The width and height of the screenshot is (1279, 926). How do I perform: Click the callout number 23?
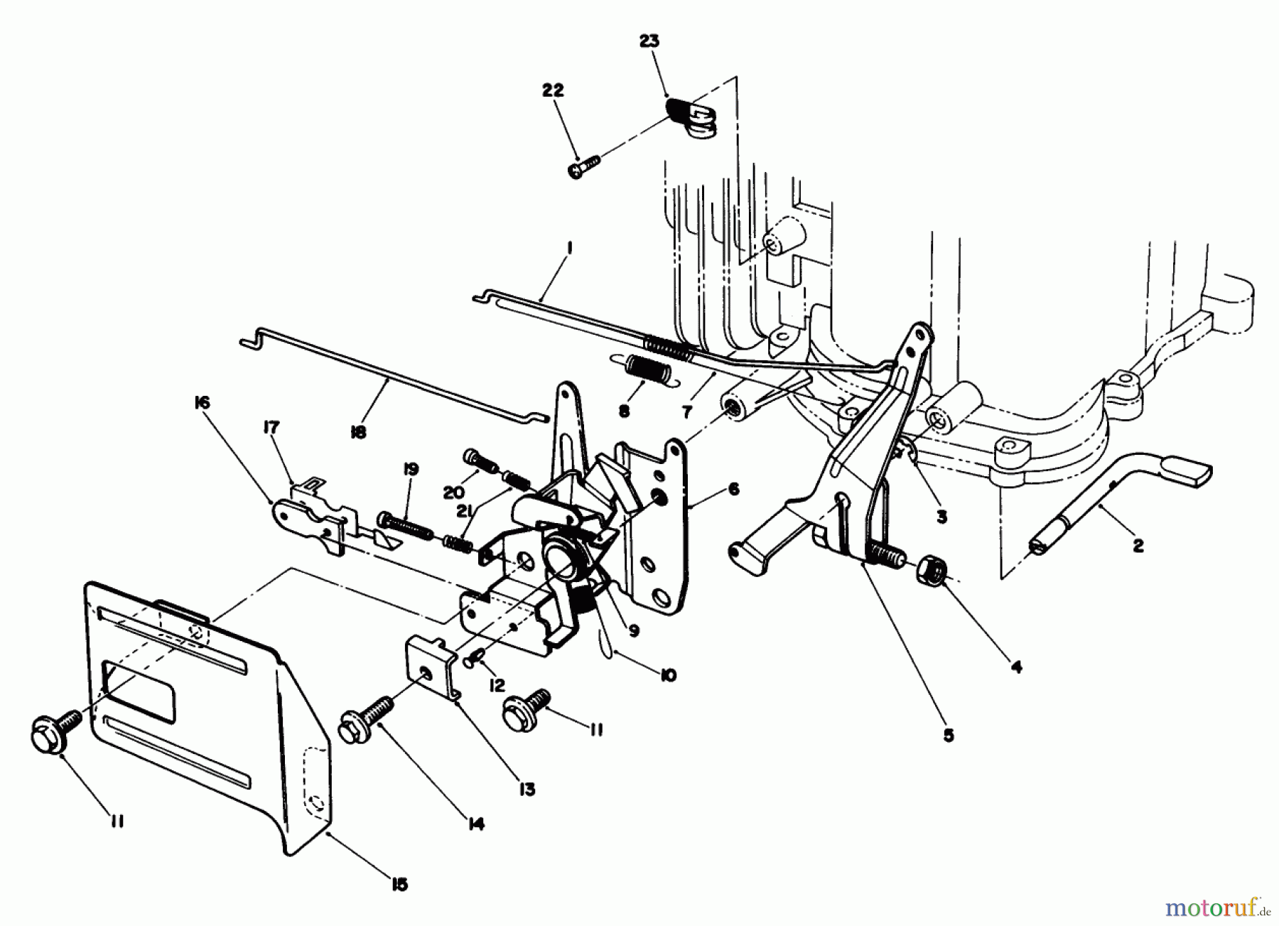point(649,41)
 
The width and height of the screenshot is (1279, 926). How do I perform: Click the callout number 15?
point(399,884)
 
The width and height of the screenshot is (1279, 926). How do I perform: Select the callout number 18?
point(358,431)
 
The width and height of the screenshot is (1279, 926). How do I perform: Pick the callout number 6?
point(733,489)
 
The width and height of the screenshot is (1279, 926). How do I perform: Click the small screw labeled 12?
point(473,662)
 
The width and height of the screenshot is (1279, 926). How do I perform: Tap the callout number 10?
point(668,674)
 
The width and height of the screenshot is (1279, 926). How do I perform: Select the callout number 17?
point(271,427)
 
